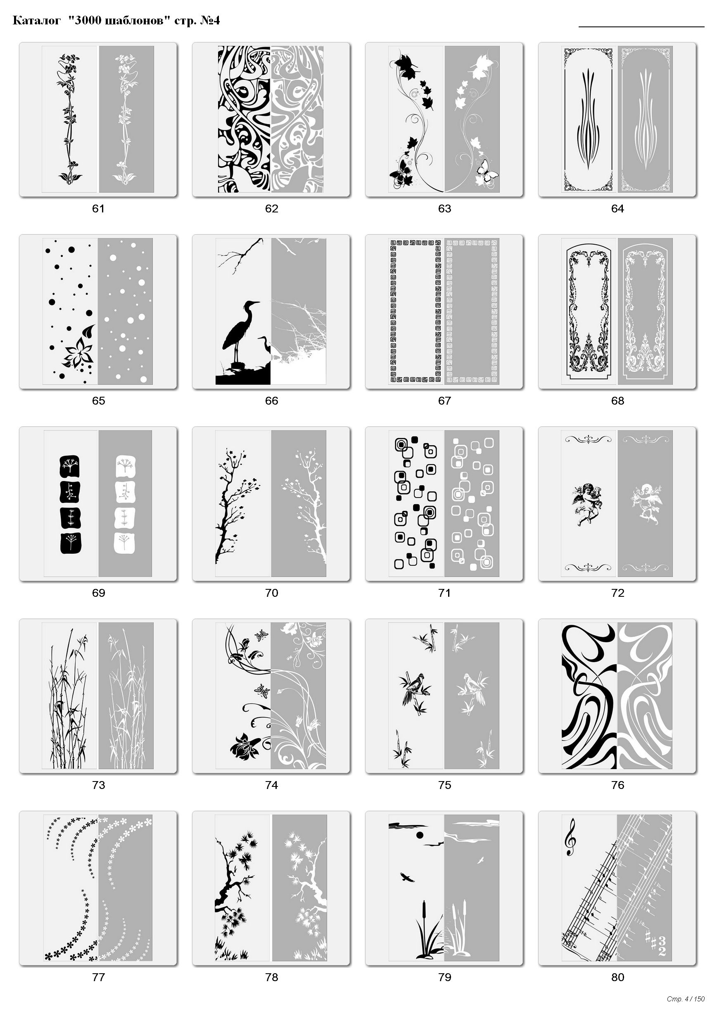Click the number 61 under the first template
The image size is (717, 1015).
pyautogui.click(x=98, y=209)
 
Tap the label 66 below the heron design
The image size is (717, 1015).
pyautogui.click(x=271, y=401)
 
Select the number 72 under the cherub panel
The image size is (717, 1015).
pyautogui.click(x=617, y=593)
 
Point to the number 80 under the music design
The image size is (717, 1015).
pyautogui.click(x=617, y=977)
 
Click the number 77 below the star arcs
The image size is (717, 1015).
pyautogui.click(x=98, y=977)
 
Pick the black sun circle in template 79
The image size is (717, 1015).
pyautogui.click(x=420, y=835)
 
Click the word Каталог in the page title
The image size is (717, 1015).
pyautogui.click(x=36, y=20)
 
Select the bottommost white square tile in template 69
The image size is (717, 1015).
pyautogui.click(x=125, y=543)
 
